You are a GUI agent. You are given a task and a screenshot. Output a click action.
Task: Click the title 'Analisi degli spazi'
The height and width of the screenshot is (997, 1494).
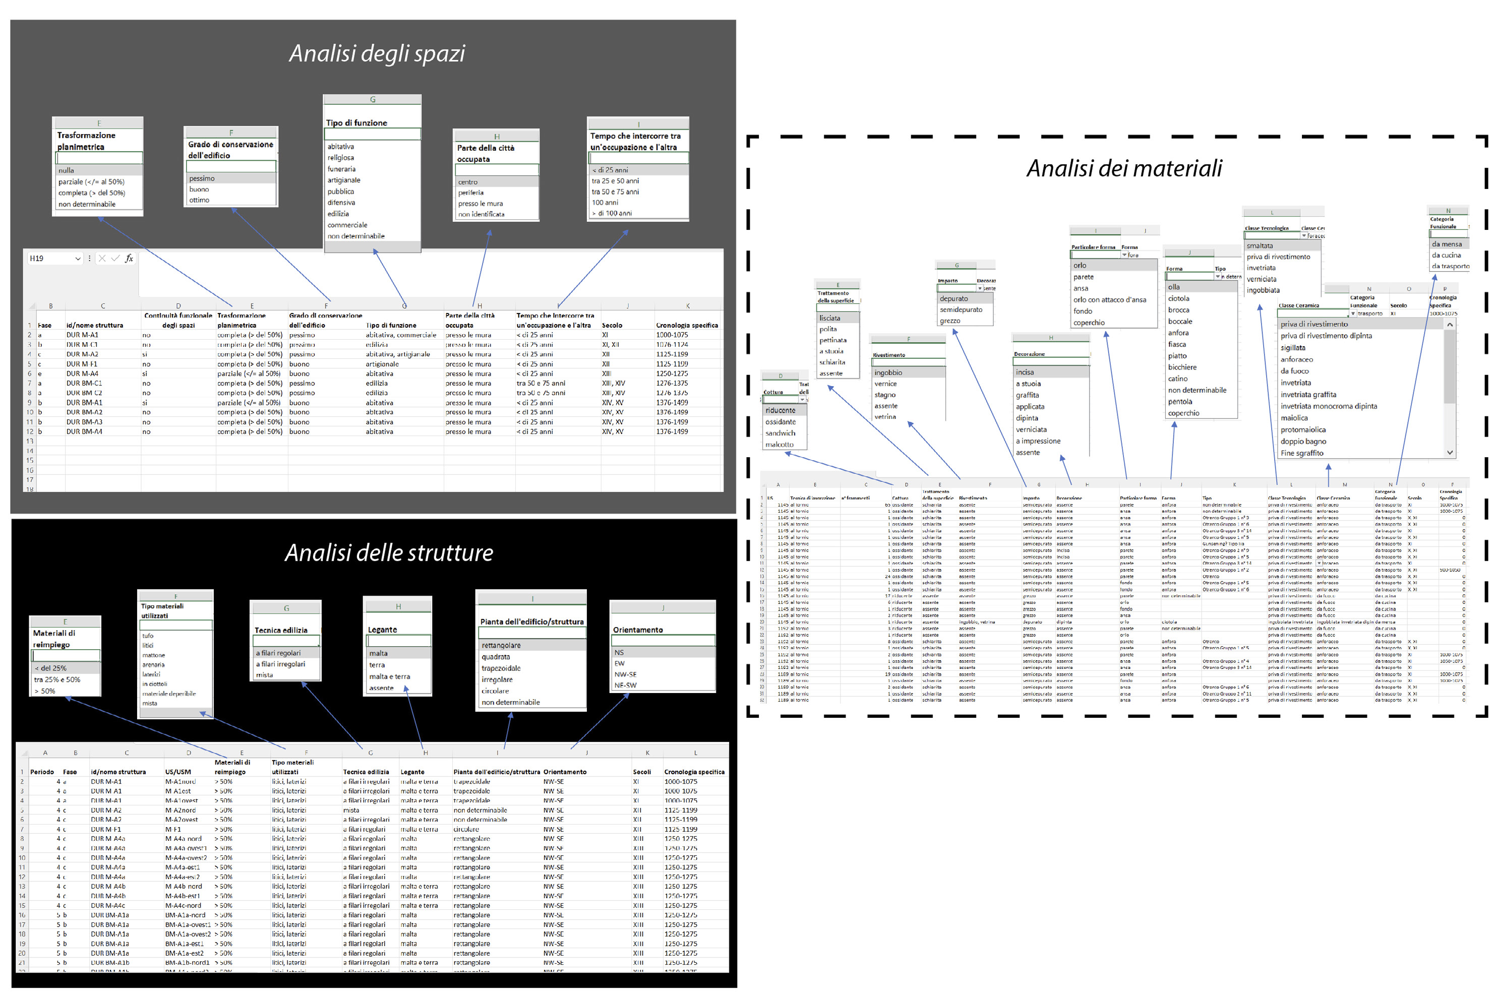377,53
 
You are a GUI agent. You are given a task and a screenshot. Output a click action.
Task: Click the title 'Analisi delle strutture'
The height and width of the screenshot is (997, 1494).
389,552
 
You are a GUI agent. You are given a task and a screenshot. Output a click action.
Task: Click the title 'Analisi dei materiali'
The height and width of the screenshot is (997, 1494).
1124,168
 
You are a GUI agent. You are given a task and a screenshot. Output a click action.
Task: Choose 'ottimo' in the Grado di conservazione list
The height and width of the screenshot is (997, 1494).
199,200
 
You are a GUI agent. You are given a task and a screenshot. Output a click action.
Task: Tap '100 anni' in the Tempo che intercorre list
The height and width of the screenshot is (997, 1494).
605,203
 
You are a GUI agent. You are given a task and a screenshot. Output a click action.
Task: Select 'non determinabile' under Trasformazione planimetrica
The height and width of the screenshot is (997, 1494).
87,204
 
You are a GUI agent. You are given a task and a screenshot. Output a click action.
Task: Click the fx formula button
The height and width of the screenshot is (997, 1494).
129,259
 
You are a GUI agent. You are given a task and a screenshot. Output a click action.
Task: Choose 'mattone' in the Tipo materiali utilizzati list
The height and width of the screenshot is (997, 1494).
153,655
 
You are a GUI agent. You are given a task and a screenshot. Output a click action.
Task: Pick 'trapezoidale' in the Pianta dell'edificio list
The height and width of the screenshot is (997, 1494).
501,668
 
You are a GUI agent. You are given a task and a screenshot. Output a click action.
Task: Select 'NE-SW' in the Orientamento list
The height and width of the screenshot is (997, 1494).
625,686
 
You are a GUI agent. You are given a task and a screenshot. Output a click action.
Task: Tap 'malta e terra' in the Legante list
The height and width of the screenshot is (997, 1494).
389,676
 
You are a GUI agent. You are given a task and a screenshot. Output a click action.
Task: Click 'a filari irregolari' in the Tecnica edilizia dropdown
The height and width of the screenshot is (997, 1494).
280,664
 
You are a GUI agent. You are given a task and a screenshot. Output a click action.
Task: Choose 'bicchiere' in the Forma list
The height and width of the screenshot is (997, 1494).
1182,367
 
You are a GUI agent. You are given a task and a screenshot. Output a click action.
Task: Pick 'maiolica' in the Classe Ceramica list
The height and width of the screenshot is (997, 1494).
1294,418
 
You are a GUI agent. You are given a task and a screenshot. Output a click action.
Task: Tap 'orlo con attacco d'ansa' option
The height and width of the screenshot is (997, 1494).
1109,300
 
